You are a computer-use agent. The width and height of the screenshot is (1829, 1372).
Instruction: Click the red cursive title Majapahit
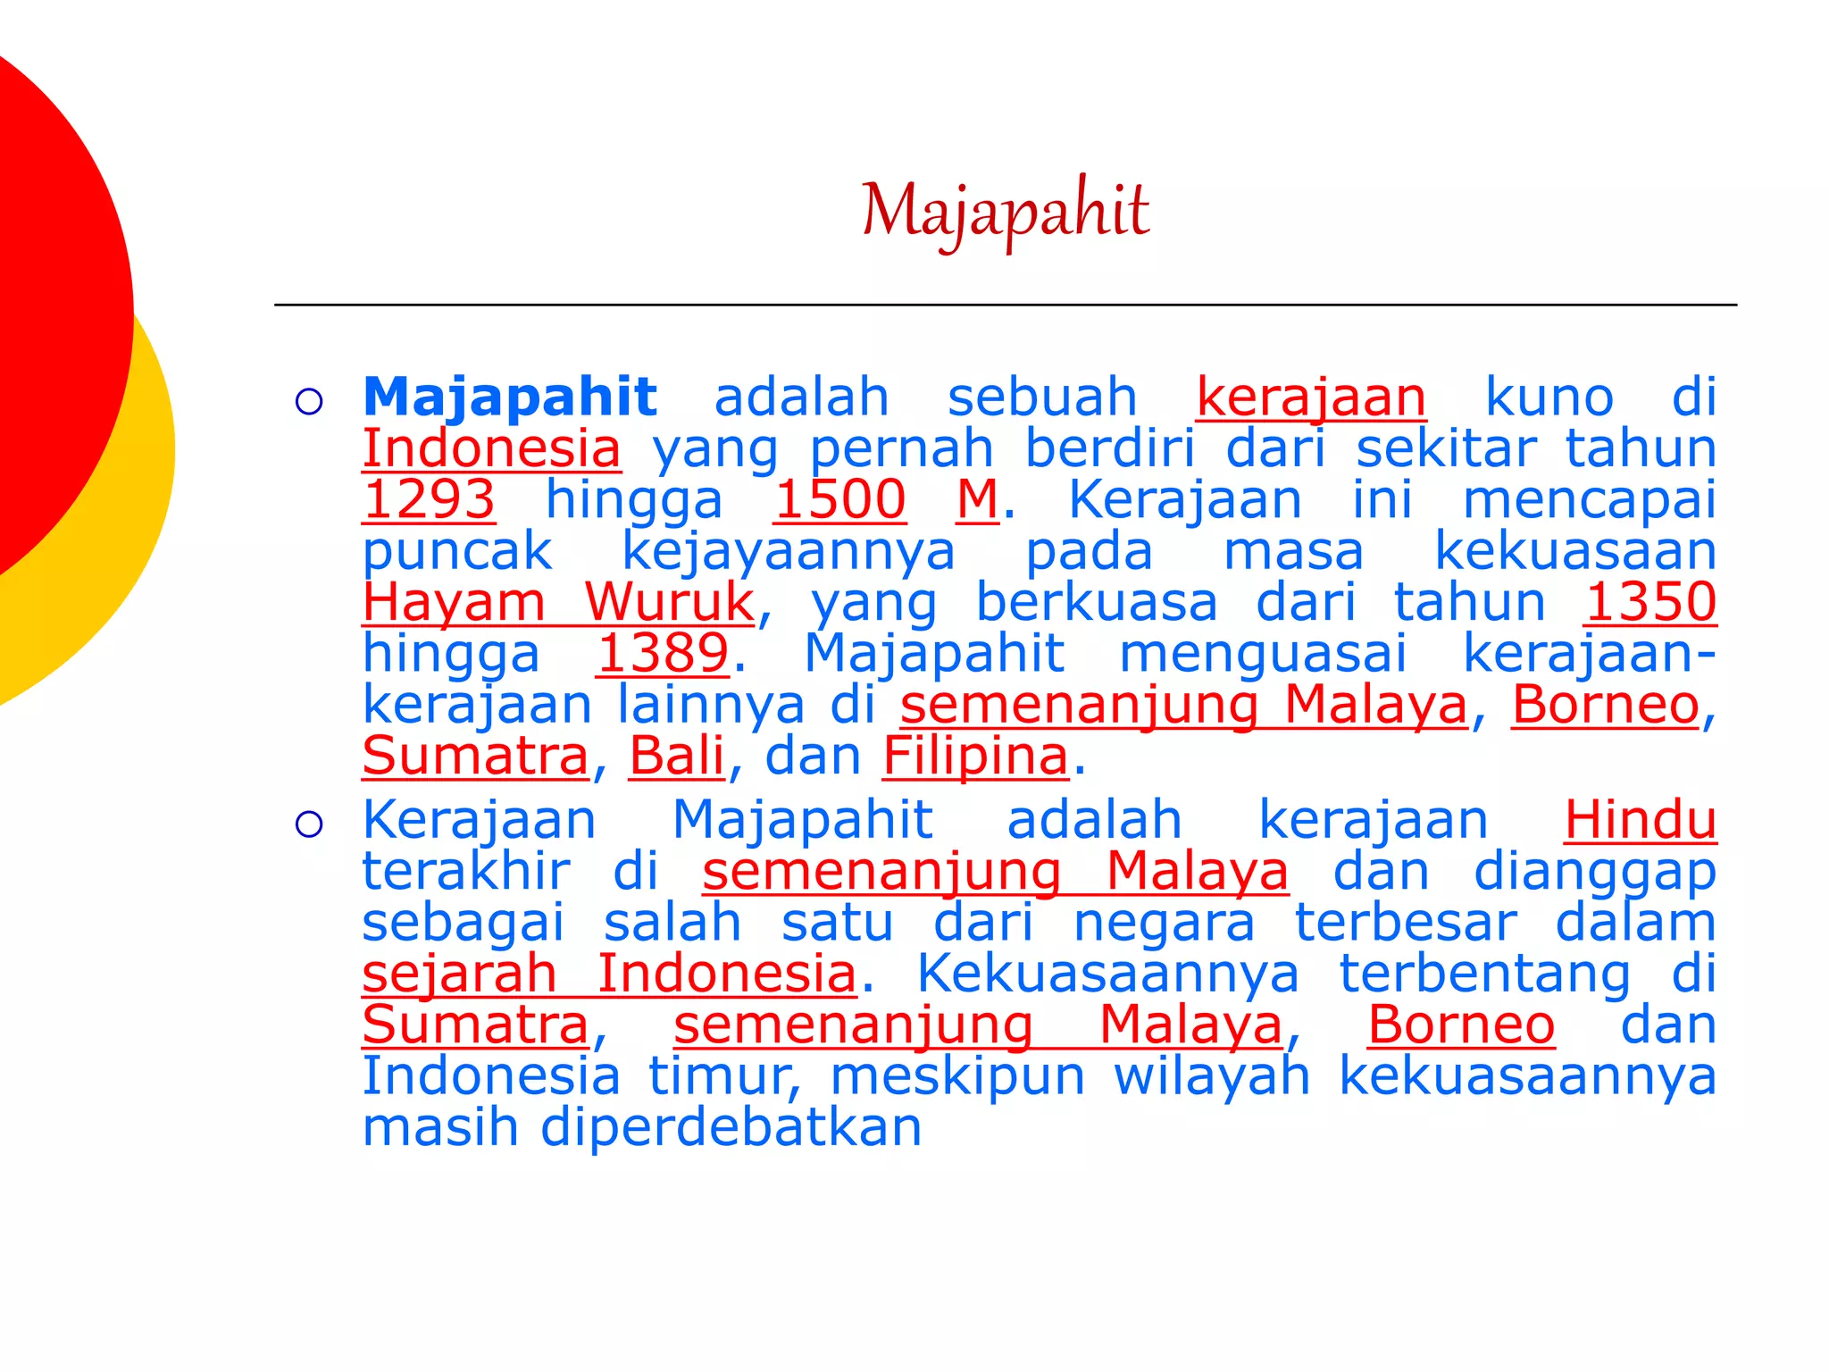(x=1006, y=211)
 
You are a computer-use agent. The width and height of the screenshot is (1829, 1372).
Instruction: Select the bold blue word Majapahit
(x=510, y=397)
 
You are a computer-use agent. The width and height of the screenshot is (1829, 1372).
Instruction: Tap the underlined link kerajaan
(x=1311, y=397)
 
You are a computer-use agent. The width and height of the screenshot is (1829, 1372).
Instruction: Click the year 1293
(x=429, y=499)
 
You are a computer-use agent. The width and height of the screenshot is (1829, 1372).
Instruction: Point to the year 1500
(x=839, y=499)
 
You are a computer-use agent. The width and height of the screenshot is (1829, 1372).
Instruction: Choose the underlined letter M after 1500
(x=977, y=499)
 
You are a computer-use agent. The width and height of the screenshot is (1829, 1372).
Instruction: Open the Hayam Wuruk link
(x=559, y=602)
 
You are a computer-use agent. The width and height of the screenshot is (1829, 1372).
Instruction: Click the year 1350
(x=1650, y=602)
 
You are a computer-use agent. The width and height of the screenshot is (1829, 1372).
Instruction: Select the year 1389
(x=663, y=653)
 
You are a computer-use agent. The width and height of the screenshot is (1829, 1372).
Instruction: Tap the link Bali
(x=676, y=757)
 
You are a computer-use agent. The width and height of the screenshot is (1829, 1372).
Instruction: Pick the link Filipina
(x=975, y=757)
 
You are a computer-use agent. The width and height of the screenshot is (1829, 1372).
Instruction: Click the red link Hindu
(x=1640, y=820)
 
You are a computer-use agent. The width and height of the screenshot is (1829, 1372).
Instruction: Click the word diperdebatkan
(x=731, y=1127)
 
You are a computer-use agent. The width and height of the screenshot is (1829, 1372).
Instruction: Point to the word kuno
(x=1549, y=397)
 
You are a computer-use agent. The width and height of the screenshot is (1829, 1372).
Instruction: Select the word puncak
(x=457, y=552)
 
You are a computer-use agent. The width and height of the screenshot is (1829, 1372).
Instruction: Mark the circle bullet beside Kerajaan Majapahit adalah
(x=309, y=824)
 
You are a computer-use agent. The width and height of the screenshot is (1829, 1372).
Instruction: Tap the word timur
(x=724, y=1076)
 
